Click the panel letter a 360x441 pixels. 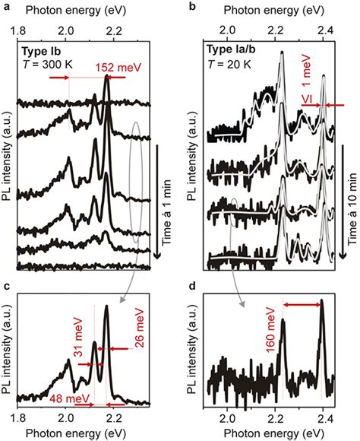pos(5,6)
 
